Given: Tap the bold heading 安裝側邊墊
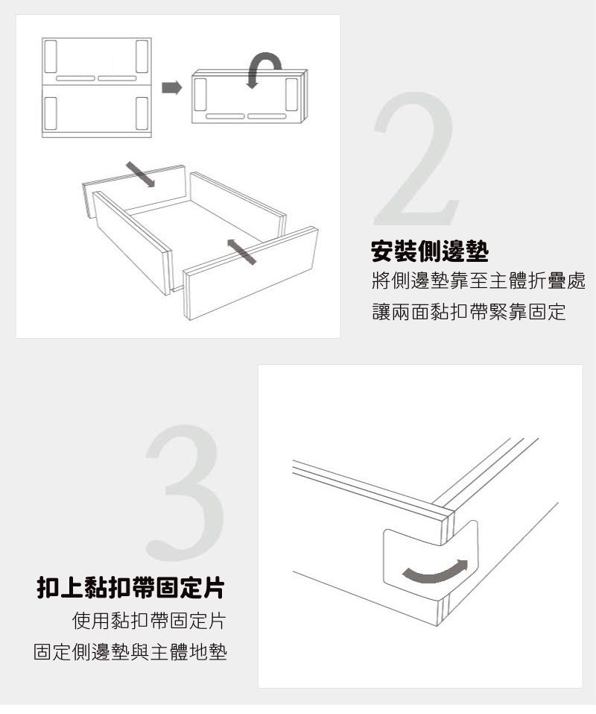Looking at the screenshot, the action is coord(430,251).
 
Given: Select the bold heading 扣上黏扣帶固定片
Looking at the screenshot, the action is coord(130,587).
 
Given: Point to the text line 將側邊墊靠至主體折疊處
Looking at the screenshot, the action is coord(478,281).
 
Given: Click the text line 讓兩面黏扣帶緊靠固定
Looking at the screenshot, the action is coord(469,312).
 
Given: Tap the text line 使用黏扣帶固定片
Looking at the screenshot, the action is coord(149,620).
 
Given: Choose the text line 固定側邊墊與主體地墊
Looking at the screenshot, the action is coord(130,651).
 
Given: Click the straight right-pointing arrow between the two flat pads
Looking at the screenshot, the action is coord(172,87).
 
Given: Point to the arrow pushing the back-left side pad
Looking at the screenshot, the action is coord(141,175).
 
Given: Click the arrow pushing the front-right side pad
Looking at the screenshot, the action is coord(241,251).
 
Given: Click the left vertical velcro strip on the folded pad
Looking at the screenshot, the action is coord(200,94).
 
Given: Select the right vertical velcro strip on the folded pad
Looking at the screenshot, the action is coord(291,94).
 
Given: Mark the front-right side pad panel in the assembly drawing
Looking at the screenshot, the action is coord(250,273).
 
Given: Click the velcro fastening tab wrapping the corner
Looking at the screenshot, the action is coord(430,559).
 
